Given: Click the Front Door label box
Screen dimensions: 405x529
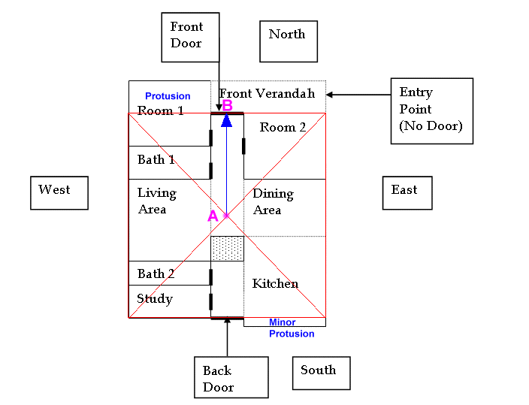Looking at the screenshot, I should [x=190, y=36].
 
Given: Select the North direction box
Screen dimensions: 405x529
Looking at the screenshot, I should [x=288, y=41].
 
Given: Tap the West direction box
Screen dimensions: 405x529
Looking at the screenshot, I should [x=59, y=192].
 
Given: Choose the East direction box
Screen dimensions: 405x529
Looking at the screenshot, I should [x=407, y=192].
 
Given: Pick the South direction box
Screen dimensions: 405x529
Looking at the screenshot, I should [x=321, y=373].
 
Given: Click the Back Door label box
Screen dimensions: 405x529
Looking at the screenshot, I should [x=231, y=377].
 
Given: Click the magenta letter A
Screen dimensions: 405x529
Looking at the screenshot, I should [x=213, y=216].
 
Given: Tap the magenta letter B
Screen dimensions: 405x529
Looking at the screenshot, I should [x=227, y=106].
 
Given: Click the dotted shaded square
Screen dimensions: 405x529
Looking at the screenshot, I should [x=227, y=249].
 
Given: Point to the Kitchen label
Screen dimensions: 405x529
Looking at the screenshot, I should [x=275, y=284].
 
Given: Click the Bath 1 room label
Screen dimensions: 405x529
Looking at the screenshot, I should [x=156, y=160].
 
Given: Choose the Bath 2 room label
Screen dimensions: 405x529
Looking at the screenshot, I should [x=156, y=274].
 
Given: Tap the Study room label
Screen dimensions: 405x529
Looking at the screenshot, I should [x=155, y=299].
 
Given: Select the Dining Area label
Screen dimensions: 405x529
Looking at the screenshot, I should [x=272, y=201].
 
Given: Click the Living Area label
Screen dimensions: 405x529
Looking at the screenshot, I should [x=156, y=201].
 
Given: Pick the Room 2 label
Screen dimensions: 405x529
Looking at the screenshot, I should [x=283, y=128].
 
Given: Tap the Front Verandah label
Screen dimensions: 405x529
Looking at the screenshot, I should [x=267, y=94].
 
